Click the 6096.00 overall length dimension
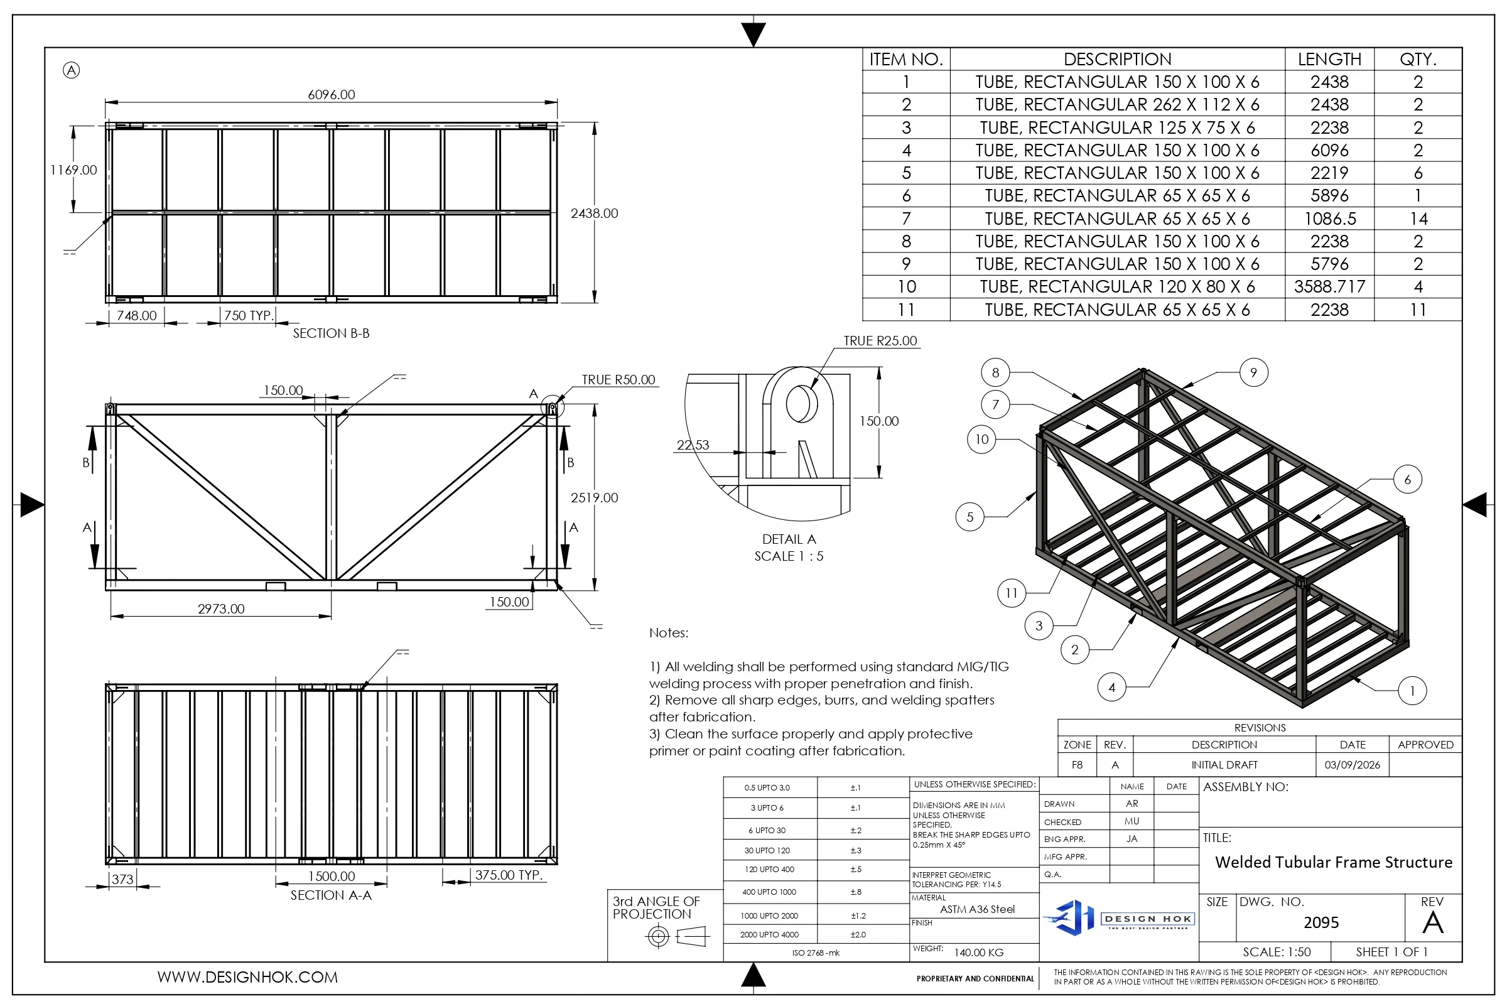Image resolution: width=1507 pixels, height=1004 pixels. [x=331, y=95]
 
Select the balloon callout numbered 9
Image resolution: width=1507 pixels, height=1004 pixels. [x=1253, y=373]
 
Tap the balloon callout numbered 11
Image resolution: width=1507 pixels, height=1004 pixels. [x=1012, y=593]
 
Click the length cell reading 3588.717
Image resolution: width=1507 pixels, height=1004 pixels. [x=1329, y=287]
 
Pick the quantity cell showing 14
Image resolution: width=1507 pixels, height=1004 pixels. [x=1418, y=219]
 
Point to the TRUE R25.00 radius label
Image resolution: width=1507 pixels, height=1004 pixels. [x=880, y=341]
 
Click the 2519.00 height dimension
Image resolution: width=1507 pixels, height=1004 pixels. [x=594, y=497]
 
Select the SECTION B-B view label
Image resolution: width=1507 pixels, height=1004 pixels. [x=331, y=333]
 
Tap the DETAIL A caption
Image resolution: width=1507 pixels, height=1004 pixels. [x=789, y=539]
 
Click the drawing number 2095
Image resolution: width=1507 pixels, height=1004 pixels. [x=1321, y=922]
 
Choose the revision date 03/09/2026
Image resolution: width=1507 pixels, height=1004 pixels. [x=1352, y=765]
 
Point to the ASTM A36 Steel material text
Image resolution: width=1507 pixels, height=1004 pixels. [x=977, y=909]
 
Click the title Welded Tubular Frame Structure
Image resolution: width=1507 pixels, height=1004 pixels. [x=1334, y=863]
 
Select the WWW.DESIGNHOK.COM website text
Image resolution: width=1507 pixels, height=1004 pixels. [x=247, y=977]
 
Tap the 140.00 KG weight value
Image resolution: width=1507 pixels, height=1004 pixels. [x=979, y=953]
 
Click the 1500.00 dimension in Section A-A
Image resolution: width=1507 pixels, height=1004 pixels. [x=331, y=876]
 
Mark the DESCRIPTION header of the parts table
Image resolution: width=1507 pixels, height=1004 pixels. [x=1117, y=60]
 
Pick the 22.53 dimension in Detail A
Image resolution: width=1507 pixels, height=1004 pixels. [x=693, y=445]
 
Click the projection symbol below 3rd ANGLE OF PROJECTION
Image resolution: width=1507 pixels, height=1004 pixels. [x=678, y=937]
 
